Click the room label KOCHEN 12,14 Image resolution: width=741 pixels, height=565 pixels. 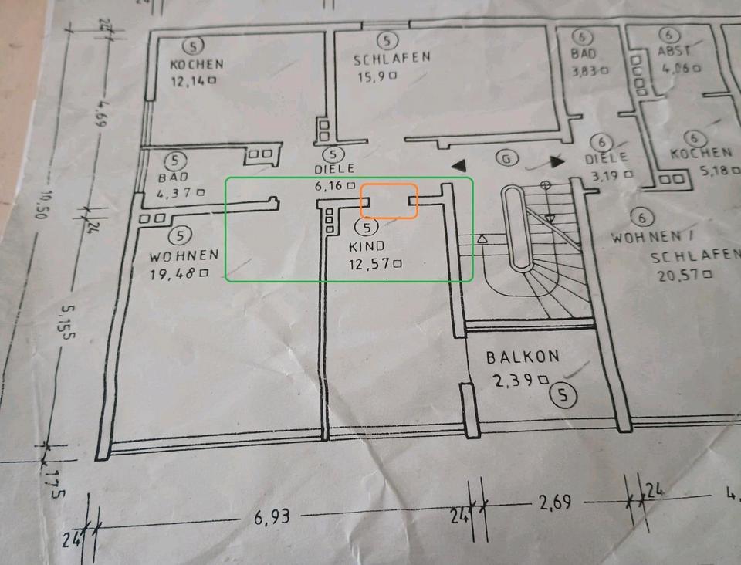click(197, 72)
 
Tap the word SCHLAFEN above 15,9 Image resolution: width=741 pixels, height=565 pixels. click(391, 59)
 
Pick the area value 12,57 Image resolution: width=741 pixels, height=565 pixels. click(374, 264)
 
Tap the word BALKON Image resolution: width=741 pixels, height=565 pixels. click(523, 357)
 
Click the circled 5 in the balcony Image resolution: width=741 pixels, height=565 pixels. click(564, 396)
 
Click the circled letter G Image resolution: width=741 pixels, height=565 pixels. click(506, 159)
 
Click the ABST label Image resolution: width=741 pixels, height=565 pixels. click(672, 51)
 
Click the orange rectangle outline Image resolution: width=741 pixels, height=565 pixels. click(389, 201)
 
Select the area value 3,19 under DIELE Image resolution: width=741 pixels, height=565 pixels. click(611, 174)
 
